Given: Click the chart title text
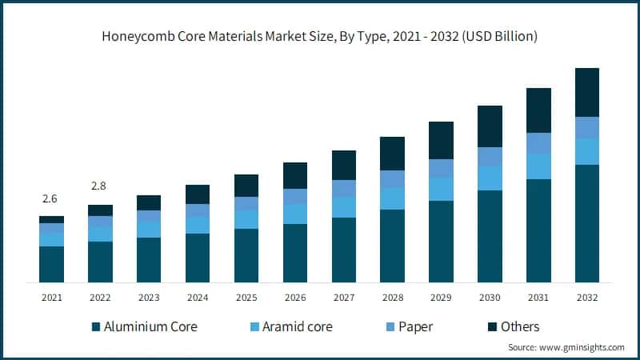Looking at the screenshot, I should point(319,37).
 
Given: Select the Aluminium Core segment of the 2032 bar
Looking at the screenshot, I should point(587,223).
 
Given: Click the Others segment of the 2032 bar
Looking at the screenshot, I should point(587,92).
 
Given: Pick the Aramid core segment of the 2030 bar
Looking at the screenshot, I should point(490,178).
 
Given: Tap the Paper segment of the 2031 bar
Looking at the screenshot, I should point(538,143).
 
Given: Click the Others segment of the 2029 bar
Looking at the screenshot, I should point(441,140).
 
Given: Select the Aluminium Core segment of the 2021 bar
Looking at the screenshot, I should point(51,264).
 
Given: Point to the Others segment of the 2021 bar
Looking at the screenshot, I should point(51,219).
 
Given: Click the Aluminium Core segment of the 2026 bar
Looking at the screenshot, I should point(295,253).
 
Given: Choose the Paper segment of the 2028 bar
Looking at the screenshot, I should point(392,179).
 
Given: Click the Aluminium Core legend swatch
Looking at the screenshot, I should point(97,326).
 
